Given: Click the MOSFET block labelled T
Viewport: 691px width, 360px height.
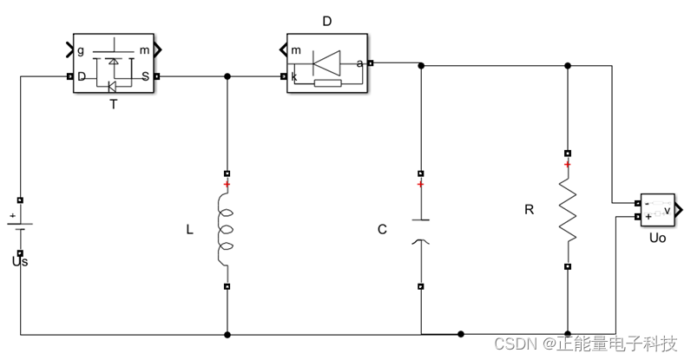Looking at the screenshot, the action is tap(114, 63).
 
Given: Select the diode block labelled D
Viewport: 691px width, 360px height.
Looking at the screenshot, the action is tap(327, 63).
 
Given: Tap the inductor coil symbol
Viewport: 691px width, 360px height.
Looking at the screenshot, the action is tap(226, 230).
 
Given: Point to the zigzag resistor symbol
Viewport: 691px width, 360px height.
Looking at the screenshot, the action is tap(568, 211).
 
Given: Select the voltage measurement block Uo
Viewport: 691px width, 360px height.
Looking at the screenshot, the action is tap(657, 210).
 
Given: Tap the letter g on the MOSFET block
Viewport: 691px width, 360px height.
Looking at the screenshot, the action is tap(80, 50).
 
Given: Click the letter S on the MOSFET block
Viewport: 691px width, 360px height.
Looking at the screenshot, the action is tap(146, 76).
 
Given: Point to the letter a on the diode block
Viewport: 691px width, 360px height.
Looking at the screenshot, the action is tap(359, 63).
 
